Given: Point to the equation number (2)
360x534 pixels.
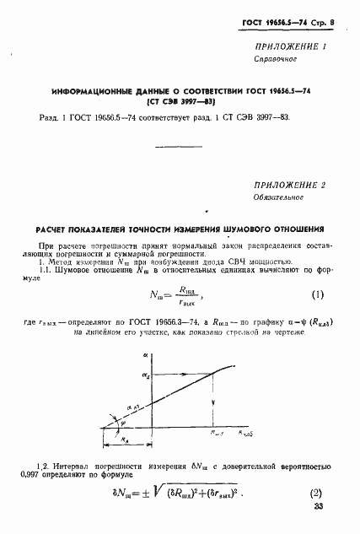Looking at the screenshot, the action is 317,494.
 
